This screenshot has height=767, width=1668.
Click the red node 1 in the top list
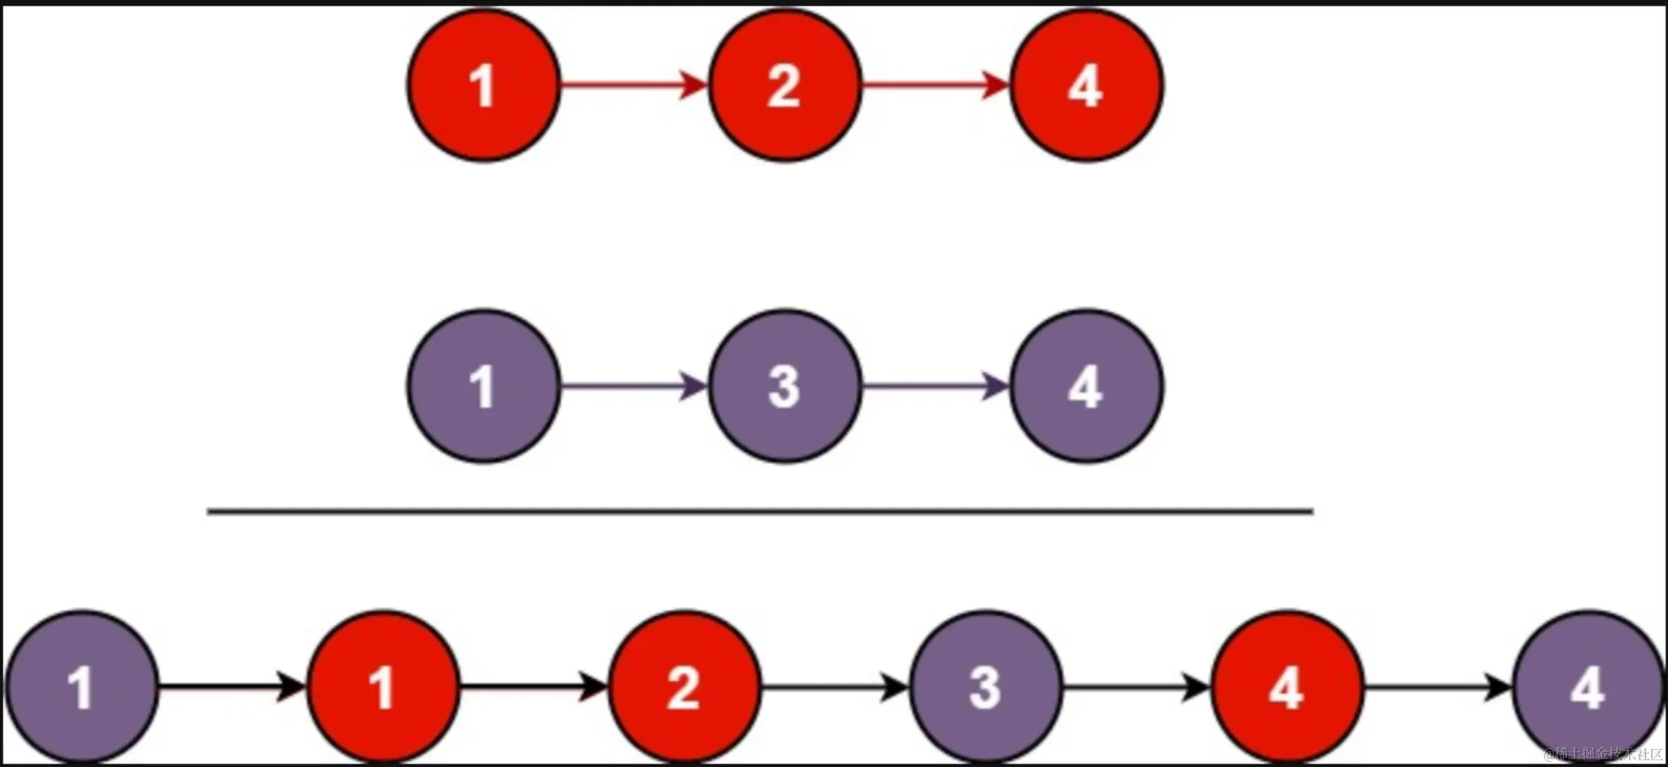point(484,85)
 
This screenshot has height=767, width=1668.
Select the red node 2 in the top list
point(785,85)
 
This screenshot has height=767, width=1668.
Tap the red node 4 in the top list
point(1086,85)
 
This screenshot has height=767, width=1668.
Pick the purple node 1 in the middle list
point(484,386)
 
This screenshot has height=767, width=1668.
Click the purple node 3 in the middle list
point(785,386)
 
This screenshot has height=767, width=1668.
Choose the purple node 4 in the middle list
point(1086,386)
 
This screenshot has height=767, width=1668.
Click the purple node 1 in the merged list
point(82,687)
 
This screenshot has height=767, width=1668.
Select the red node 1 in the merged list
point(383,687)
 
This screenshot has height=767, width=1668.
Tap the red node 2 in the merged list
point(684,687)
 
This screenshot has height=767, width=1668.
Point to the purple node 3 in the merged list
point(986,687)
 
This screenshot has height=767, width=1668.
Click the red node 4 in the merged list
point(1287,687)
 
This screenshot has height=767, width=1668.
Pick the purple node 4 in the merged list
point(1588,687)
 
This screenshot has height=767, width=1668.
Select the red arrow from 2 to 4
point(935,85)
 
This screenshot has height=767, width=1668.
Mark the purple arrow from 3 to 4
point(935,386)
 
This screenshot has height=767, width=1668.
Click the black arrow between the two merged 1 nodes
point(232,686)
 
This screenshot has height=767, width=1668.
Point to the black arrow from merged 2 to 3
point(835,686)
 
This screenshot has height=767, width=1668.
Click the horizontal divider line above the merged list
point(760,511)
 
